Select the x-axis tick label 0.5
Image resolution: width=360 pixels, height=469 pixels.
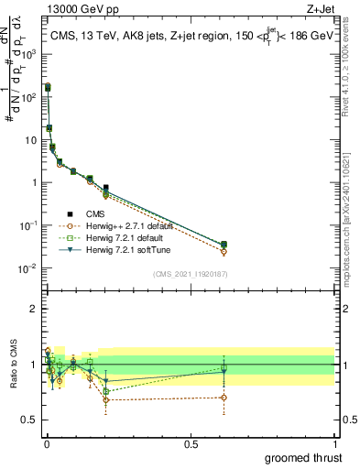tap(190, 443)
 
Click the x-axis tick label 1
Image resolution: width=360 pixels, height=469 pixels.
tap(334, 443)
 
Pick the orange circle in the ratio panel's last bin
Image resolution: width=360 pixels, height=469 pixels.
tap(224, 398)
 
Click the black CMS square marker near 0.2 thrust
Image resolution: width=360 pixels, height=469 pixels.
tap(106, 188)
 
